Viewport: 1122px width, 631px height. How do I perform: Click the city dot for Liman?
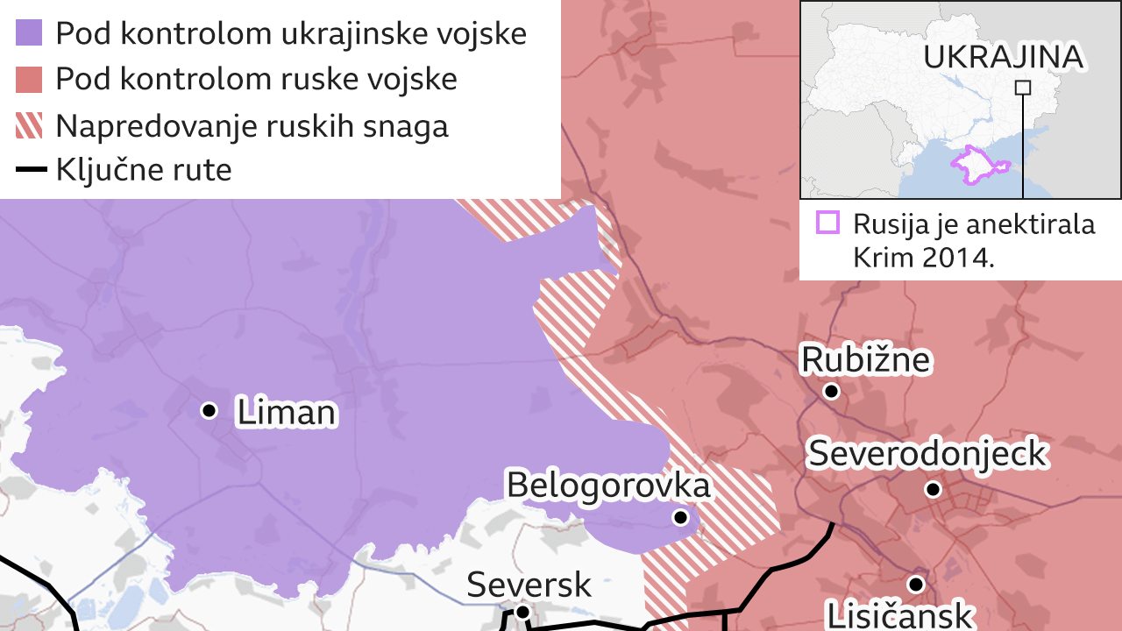[x=209, y=410]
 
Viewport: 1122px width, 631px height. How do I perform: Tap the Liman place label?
[x=287, y=413]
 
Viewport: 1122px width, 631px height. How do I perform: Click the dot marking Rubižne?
[x=831, y=391]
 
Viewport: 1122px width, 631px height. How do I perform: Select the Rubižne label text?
[x=866, y=360]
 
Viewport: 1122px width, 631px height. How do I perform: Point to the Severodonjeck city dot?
[x=933, y=489]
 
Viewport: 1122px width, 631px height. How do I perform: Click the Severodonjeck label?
[x=927, y=454]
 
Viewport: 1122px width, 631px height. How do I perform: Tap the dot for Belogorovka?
[x=680, y=518]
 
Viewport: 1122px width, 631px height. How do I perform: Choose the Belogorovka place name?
[x=608, y=485]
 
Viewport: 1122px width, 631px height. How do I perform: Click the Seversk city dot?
[x=522, y=612]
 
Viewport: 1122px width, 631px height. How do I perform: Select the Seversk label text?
[x=529, y=585]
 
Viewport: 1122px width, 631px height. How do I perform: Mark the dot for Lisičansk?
[x=916, y=584]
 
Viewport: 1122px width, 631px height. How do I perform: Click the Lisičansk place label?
[x=899, y=614]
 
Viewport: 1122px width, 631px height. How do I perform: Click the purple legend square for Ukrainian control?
[x=29, y=33]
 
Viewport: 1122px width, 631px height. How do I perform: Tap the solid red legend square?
[x=29, y=79]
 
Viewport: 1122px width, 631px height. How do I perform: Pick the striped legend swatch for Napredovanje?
[x=29, y=125]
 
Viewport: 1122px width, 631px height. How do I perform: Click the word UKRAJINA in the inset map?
[x=1004, y=58]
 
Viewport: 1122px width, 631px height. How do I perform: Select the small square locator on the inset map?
[x=1022, y=87]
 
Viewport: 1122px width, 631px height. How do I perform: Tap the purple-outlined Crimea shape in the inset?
[x=980, y=165]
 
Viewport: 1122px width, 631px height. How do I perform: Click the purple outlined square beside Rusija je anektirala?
[x=827, y=223]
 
